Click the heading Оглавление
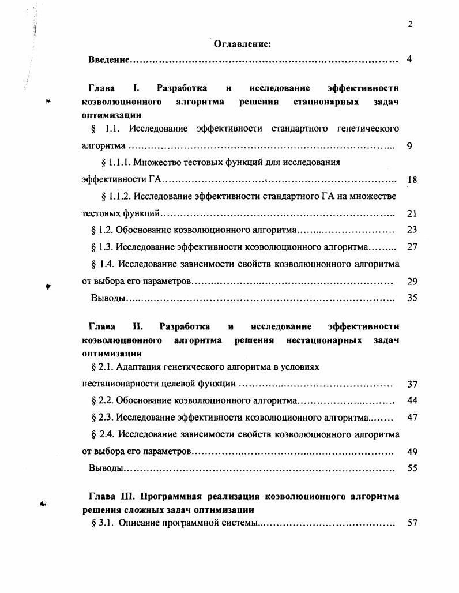tap(243, 43)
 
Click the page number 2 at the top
tap(409, 24)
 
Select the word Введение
tap(108, 60)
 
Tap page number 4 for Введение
tap(409, 60)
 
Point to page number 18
tap(412, 180)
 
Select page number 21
tap(412, 213)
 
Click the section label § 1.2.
tap(103, 230)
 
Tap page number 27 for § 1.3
tap(412, 247)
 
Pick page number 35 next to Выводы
tap(412, 298)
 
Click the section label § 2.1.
tap(103, 367)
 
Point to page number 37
tap(412, 384)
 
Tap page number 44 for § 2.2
tap(412, 400)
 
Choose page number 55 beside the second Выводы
tap(412, 468)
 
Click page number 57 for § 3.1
tap(412, 524)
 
